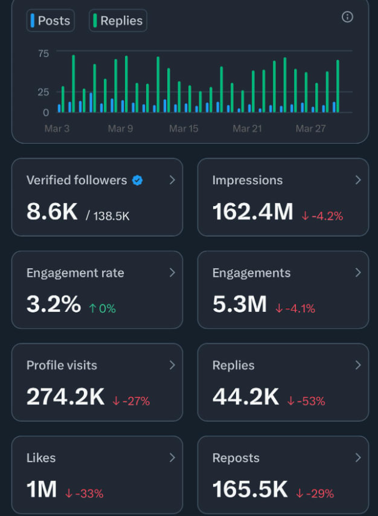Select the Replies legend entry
click(118, 21)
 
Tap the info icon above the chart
click(347, 17)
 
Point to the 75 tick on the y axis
click(43, 53)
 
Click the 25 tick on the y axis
click(43, 92)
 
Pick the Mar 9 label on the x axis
click(120, 129)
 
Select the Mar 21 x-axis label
click(247, 129)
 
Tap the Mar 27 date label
click(310, 129)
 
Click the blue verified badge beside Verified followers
click(137, 180)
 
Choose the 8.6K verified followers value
click(52, 211)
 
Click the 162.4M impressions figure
click(252, 211)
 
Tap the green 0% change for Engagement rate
click(102, 308)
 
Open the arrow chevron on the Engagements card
click(358, 273)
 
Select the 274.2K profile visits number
click(66, 397)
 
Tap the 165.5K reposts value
click(250, 489)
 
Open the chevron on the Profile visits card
click(172, 365)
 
